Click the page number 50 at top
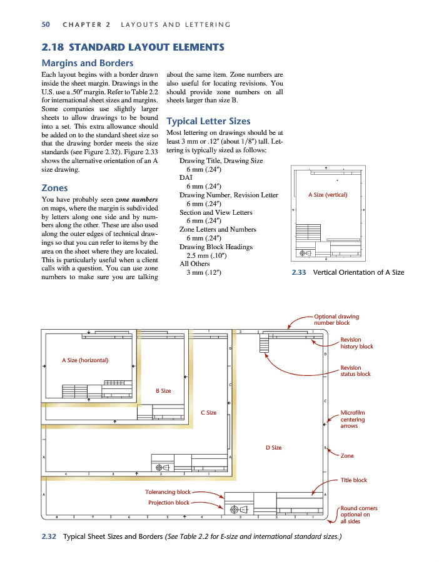(46, 24)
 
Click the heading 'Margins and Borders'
(87, 62)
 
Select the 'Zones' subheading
(54, 187)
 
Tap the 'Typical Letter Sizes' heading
(208, 121)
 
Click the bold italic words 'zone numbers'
(136, 199)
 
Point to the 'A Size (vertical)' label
(328, 195)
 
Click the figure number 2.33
(299, 272)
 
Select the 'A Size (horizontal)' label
(85, 360)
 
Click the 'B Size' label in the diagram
(163, 391)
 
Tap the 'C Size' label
(208, 413)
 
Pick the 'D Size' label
(273, 448)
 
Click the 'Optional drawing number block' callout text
(336, 320)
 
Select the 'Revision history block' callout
(356, 343)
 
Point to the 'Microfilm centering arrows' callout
(353, 419)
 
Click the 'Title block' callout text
(353, 480)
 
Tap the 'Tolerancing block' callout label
(168, 492)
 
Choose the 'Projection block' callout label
(169, 503)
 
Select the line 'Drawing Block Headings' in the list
(207, 247)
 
